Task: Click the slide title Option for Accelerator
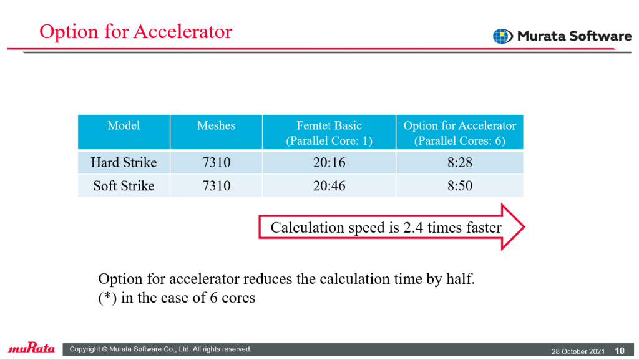135,31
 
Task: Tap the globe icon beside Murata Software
503,36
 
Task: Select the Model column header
124,125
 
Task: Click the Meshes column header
216,125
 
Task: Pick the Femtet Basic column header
329,133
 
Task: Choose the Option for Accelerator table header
460,133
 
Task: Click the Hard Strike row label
124,162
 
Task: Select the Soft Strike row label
124,186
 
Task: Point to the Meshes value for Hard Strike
217,162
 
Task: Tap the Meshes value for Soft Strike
217,186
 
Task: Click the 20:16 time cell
329,162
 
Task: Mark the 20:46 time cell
329,186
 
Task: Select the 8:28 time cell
460,162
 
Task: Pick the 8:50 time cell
460,186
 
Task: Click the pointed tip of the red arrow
524,227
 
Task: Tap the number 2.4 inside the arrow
413,227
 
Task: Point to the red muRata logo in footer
31,348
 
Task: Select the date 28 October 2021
578,351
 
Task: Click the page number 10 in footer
620,351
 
